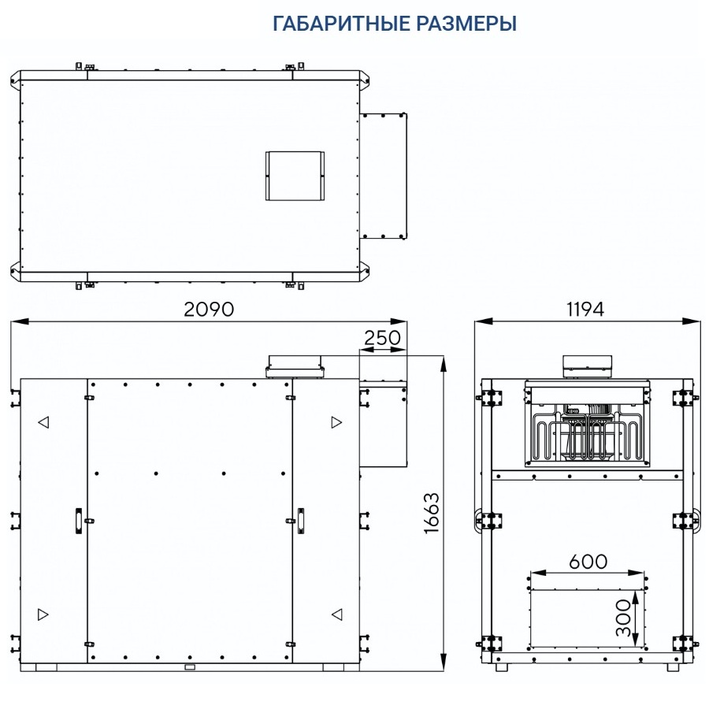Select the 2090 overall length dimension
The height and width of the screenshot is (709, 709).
(209, 309)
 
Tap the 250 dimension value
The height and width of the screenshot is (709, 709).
(382, 338)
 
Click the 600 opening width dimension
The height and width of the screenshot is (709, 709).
(588, 561)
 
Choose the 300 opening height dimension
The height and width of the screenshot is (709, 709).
(623, 618)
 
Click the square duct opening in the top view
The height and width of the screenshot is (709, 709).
(295, 175)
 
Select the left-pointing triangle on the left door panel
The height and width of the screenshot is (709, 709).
(43, 422)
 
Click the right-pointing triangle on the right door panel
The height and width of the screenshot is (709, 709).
(336, 422)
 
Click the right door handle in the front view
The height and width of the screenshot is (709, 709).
(301, 521)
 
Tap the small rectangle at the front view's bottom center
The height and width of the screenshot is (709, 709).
(189, 667)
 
